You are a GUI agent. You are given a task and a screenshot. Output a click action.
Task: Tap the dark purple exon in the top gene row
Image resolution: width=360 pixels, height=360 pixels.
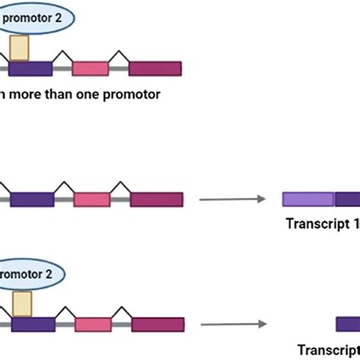[30, 68]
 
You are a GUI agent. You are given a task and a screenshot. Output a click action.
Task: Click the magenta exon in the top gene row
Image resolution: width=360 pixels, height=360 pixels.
[155, 68]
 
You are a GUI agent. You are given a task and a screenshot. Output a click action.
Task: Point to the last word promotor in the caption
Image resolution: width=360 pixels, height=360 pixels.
[132, 95]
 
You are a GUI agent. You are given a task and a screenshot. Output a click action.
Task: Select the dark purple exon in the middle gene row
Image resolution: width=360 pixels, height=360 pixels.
[32, 200]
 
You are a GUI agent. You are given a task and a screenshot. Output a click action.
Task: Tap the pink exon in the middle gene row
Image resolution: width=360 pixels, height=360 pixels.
[92, 200]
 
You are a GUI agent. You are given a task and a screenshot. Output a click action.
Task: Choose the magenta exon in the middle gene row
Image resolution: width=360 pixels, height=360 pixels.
[156, 200]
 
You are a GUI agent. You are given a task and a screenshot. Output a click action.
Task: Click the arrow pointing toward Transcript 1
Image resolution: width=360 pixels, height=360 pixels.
[232, 200]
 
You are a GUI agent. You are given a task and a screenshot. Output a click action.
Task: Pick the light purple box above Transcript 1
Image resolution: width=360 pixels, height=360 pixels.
[308, 200]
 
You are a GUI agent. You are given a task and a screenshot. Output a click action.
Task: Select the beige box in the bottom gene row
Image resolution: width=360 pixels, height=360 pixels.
[21, 302]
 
